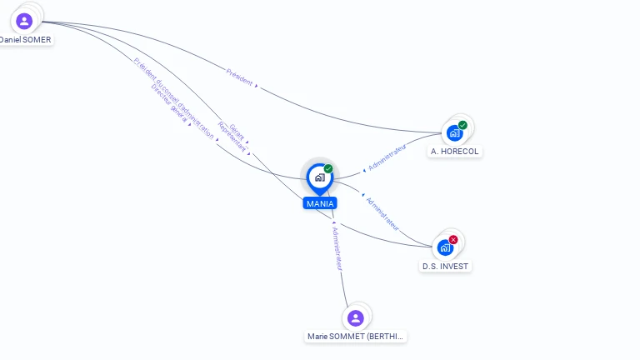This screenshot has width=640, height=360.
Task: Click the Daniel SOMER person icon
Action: click(24, 21)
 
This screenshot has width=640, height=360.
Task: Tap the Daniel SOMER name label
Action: click(25, 40)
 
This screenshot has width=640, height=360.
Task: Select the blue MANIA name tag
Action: click(320, 203)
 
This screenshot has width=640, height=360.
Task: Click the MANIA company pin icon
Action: click(319, 177)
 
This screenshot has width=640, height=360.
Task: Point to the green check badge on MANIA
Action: click(328, 168)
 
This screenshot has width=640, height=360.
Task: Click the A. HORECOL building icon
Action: click(454, 132)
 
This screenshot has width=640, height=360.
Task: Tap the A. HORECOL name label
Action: click(455, 152)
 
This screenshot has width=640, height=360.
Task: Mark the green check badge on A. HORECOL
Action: click(462, 125)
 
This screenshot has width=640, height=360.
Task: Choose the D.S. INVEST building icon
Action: click(445, 247)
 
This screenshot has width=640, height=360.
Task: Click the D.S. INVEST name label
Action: click(445, 267)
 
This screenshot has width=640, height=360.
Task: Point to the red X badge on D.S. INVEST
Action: click(453, 239)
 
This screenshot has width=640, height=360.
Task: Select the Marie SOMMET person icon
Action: click(356, 317)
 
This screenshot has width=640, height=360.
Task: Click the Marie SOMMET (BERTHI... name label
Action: click(356, 337)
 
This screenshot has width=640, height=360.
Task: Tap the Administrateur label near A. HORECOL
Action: click(387, 157)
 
